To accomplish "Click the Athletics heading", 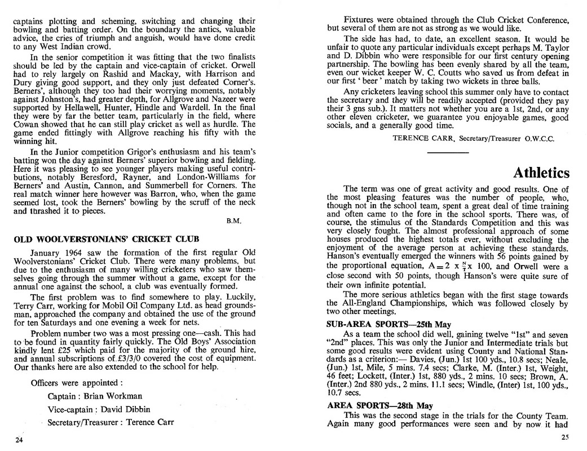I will tap(541, 173).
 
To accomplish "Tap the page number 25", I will tap(564, 437).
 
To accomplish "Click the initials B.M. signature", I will tap(234, 220).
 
